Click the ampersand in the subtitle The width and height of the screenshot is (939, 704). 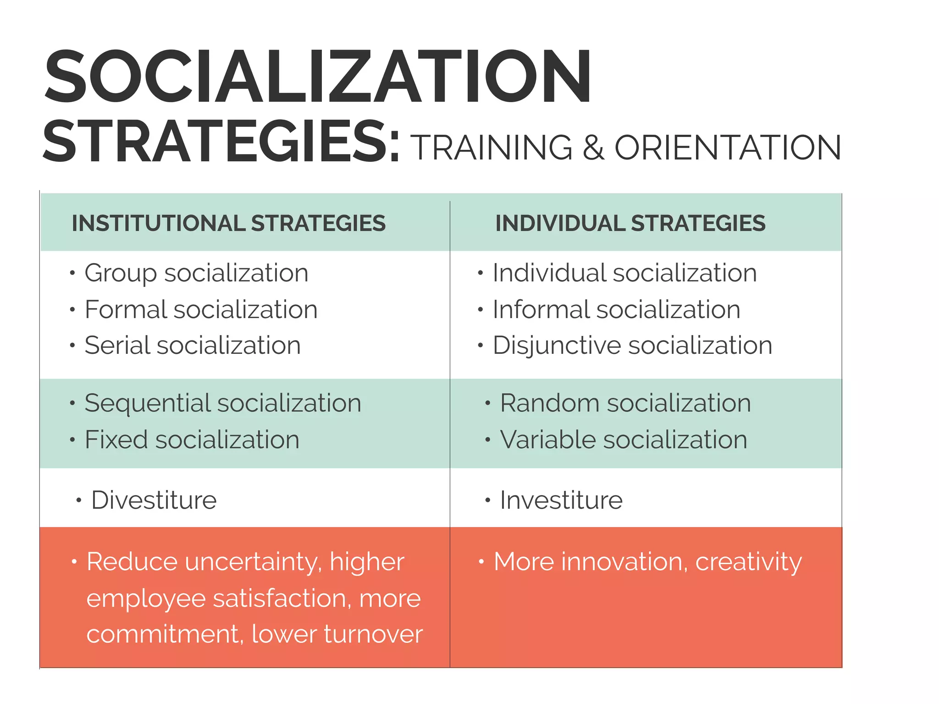coord(593,148)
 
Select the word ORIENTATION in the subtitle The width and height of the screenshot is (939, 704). coord(728,148)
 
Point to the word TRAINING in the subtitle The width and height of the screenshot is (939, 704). coord(491,148)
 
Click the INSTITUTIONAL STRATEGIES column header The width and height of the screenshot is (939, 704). coord(228,224)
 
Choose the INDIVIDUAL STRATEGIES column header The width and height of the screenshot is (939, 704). coord(630,224)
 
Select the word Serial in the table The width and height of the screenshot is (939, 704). coord(116,345)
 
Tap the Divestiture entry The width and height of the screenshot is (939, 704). coord(154,500)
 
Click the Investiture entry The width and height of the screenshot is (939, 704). coord(561,500)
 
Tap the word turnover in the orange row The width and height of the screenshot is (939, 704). coord(373,634)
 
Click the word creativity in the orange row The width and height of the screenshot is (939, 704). coord(748,562)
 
